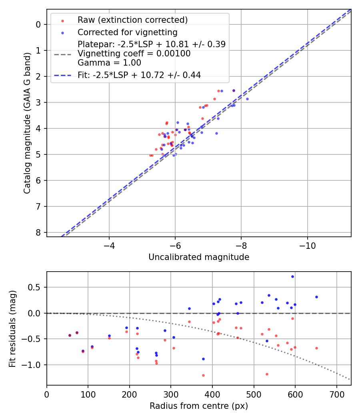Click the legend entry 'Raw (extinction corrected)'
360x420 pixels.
tap(132, 20)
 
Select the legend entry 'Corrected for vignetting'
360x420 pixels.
tap(127, 32)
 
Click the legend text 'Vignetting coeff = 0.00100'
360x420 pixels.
tap(134, 54)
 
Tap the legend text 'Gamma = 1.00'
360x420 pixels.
tap(109, 63)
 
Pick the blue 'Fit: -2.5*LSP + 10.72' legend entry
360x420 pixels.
tap(139, 75)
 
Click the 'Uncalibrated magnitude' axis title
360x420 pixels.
tap(199, 257)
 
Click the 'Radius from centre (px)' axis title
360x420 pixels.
tap(199, 406)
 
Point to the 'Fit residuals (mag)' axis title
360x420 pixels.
tap(12, 328)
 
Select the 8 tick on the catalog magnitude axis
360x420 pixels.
tap(38, 232)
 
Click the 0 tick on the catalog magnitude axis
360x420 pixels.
tap(38, 24)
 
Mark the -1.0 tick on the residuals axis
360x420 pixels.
tap(33, 365)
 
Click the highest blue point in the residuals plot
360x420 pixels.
tap(292, 276)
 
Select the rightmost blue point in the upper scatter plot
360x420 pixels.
tap(247, 99)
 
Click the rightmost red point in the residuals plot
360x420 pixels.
tap(316, 348)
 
